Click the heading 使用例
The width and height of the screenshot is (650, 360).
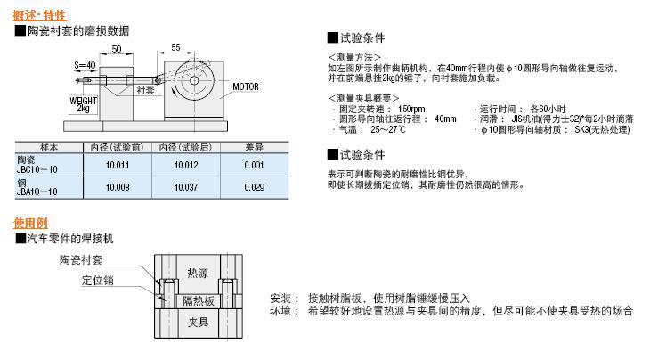click(30, 223)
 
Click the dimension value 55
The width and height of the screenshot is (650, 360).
click(175, 46)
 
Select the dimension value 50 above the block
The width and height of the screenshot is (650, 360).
click(117, 50)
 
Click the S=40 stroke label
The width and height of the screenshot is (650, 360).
click(85, 65)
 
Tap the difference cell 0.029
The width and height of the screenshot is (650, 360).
click(254, 187)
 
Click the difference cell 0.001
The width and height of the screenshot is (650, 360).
click(254, 165)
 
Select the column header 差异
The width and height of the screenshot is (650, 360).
click(254, 147)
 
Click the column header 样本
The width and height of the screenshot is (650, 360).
click(50, 147)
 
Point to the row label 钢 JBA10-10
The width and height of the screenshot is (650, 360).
click(37, 187)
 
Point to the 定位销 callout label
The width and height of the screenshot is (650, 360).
click(98, 281)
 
